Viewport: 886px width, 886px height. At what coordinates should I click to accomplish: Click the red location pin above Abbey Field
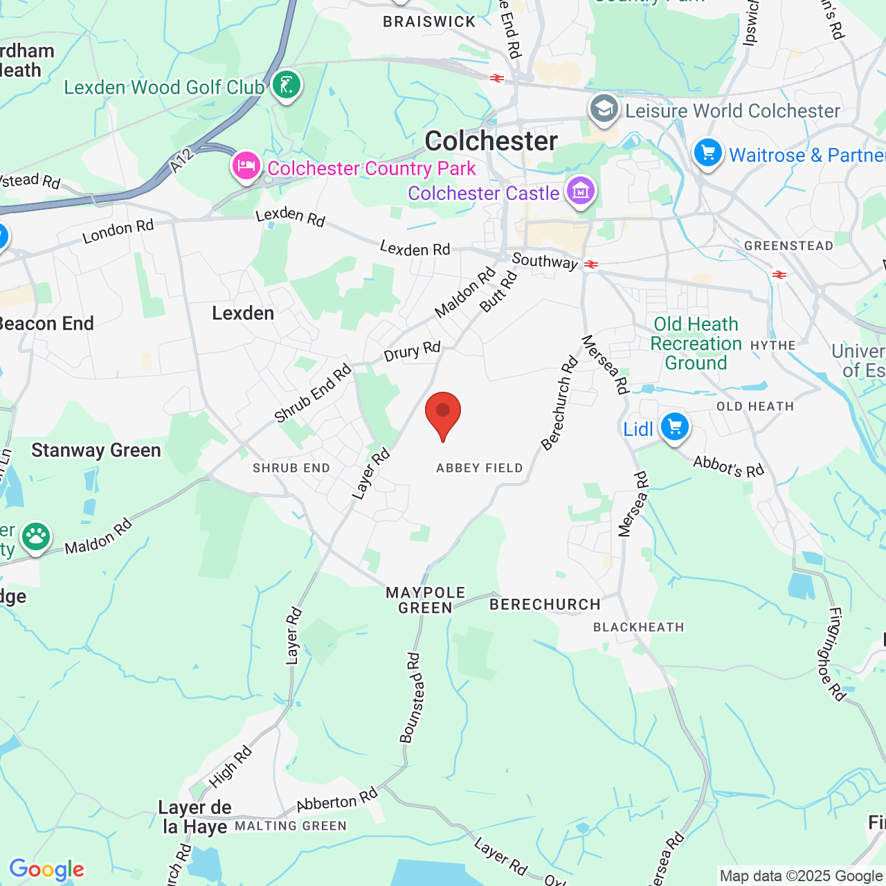443,413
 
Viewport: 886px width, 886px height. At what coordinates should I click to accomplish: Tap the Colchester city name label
491,141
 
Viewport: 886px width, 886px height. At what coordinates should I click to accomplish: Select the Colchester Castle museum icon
580,190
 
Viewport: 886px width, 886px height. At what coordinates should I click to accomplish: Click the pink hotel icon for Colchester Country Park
246,166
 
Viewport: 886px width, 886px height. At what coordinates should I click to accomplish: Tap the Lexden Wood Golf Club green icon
286,85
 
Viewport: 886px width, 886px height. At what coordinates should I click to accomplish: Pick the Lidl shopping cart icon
674,426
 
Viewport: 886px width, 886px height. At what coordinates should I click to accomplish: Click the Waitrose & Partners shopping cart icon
707,153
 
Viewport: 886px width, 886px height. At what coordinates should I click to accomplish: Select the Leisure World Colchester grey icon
604,109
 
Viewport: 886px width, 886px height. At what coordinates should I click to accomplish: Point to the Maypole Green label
425,600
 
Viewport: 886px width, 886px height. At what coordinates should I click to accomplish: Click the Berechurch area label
545,604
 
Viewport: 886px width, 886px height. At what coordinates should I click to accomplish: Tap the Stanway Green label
96,451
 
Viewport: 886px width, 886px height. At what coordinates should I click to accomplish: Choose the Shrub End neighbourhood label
291,468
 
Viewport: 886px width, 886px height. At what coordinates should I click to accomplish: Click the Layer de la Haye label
195,817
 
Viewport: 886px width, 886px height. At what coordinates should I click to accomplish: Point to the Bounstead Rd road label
410,698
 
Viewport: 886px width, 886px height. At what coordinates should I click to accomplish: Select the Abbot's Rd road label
728,467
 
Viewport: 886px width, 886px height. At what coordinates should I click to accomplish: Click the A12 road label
181,161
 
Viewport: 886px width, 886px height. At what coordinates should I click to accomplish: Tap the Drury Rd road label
412,352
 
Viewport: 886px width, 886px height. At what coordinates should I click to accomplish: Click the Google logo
46,869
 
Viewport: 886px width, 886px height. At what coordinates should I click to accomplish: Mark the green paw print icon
35,536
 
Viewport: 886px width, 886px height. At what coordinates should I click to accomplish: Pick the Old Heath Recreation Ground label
696,343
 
